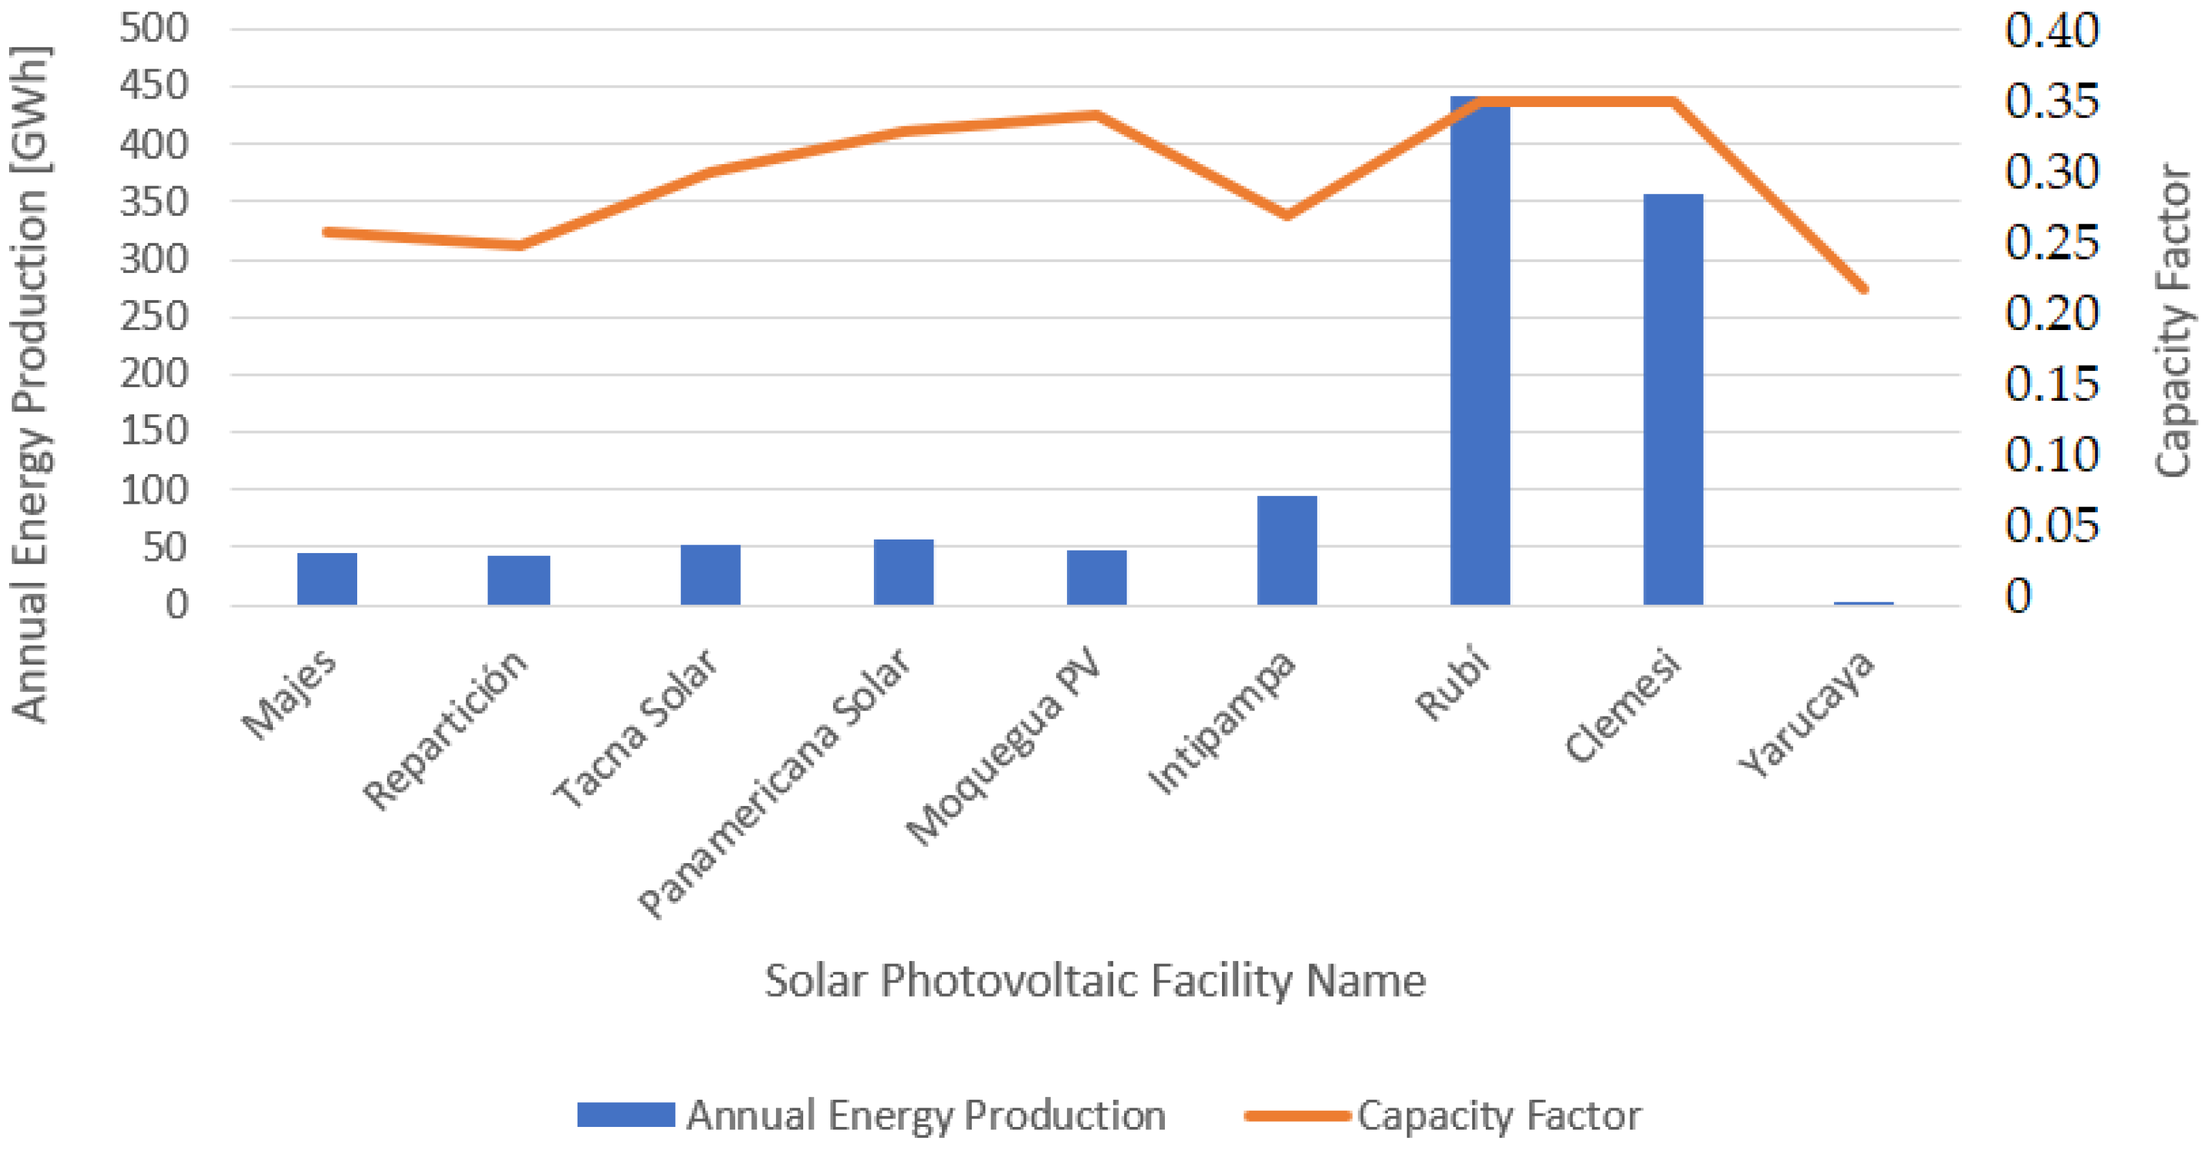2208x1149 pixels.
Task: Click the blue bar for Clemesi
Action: pos(1673,399)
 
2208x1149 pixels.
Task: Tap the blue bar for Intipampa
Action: pos(1287,551)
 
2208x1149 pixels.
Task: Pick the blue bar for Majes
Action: pos(327,579)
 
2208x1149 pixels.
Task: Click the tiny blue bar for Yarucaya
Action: pos(1863,604)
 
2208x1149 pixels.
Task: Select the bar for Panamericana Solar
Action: pos(904,572)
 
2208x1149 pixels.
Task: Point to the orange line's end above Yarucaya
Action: pos(1863,289)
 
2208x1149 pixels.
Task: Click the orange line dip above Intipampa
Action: pos(1287,215)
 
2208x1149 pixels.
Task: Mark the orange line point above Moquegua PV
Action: pos(1096,115)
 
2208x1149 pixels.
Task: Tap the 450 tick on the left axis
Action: pos(154,86)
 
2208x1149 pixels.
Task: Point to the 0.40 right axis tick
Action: pos(2051,31)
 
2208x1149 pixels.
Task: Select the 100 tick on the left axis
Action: pos(154,490)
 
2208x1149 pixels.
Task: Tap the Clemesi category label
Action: pos(1623,705)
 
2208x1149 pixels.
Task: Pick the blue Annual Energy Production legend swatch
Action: pos(626,1115)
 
